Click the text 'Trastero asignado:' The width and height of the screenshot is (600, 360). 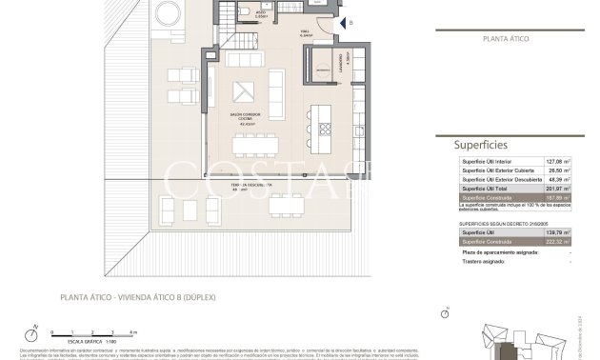pos(481,261)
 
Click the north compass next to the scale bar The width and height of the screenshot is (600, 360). pos(34,333)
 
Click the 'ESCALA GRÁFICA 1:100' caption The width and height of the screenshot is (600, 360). pos(87,339)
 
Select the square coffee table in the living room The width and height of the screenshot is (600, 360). pos(245,91)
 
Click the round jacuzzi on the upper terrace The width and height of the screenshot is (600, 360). pos(167,10)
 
